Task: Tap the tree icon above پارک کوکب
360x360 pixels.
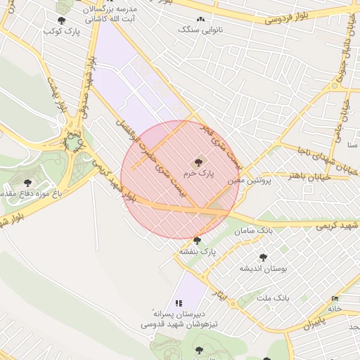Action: (61, 20)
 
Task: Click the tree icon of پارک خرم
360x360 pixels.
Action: (197, 162)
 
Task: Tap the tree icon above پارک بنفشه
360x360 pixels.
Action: (197, 240)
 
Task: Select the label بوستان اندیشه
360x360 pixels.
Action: (262, 269)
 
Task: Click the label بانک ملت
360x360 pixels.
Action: (273, 298)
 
